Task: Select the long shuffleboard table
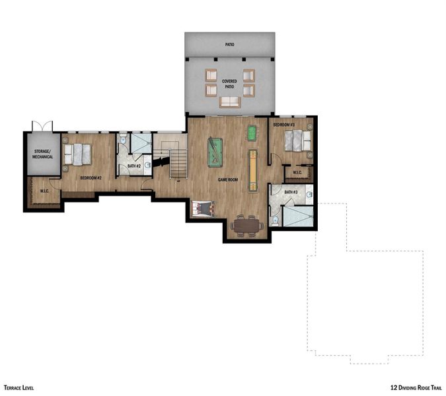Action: pos(252,170)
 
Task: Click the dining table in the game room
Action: pos(246,226)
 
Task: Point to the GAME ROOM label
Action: pos(228,179)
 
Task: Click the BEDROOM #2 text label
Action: pos(91,178)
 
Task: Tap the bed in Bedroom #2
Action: pos(77,154)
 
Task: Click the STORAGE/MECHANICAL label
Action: pos(42,154)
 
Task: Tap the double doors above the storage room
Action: pos(42,125)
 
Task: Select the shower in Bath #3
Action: pos(297,216)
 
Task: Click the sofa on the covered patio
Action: pos(230,101)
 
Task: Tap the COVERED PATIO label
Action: pos(229,84)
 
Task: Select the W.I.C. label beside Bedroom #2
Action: pos(45,191)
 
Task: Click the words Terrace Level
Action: pos(19,388)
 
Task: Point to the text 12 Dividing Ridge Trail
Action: pos(416,388)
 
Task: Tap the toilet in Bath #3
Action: pos(274,218)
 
